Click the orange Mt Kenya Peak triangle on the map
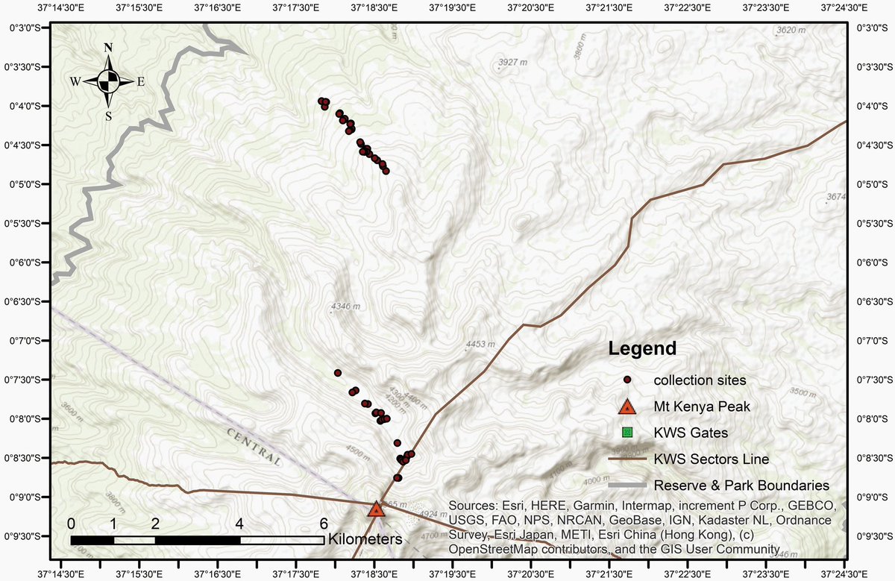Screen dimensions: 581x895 [376, 509]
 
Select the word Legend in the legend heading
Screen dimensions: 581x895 [642, 348]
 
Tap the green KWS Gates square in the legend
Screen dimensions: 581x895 [628, 433]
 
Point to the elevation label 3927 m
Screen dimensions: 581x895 [512, 62]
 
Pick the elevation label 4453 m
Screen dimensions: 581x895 [480, 345]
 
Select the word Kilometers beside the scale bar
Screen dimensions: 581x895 [365, 538]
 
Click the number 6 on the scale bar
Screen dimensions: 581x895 [324, 522]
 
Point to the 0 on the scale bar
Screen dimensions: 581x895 [71, 522]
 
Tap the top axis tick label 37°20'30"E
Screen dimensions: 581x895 [530, 8]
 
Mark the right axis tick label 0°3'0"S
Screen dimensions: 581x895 [871, 28]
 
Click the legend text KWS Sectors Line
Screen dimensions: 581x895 [712, 459]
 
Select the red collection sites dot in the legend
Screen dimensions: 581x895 [628, 380]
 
